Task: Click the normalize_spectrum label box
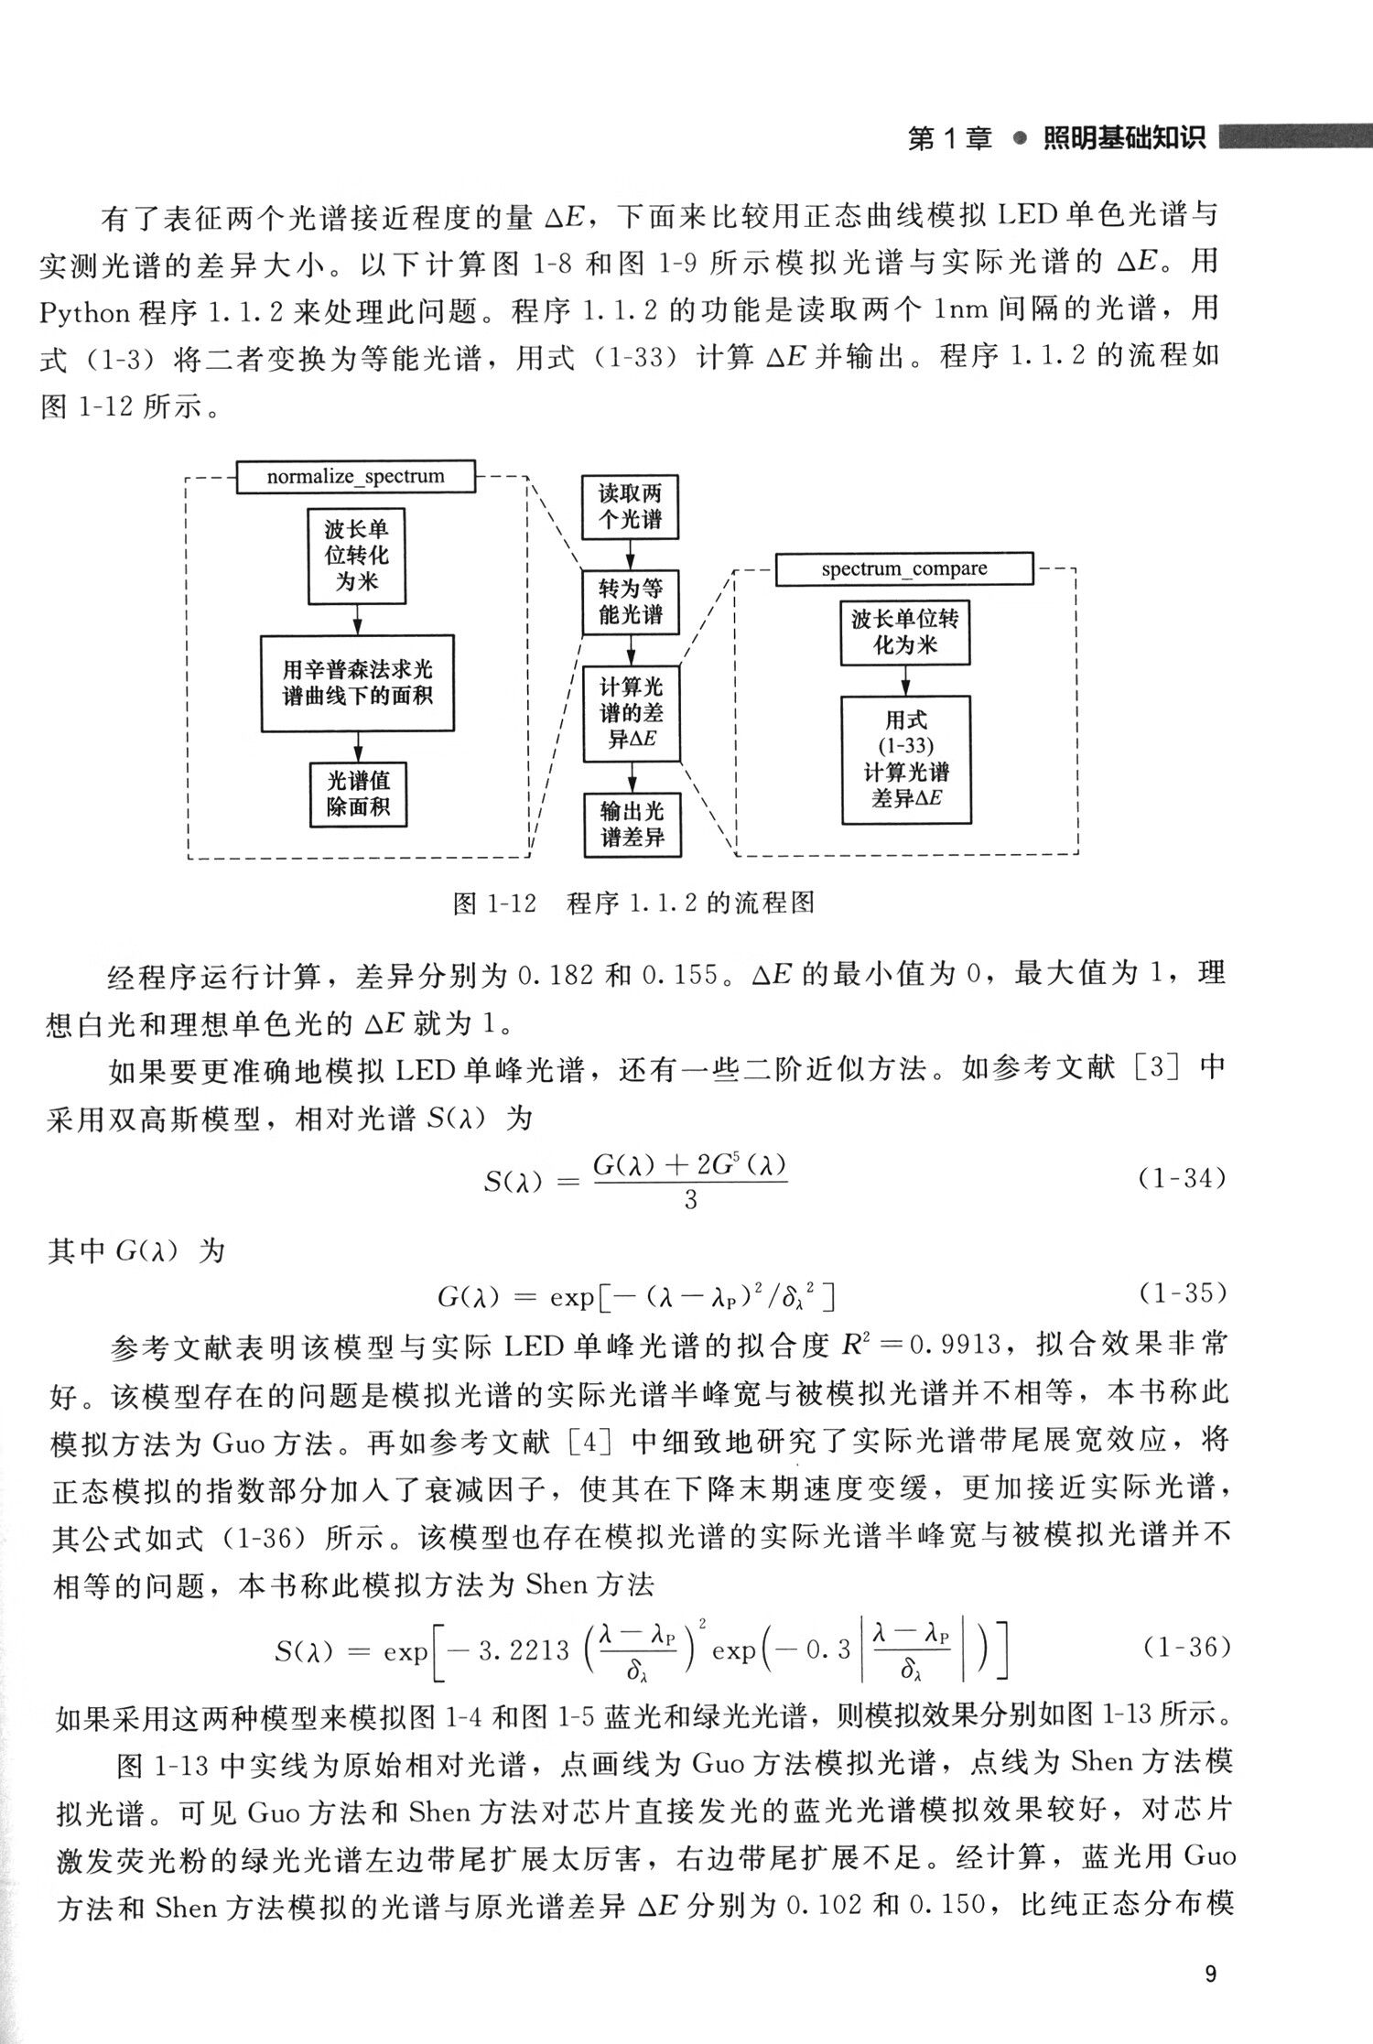pos(355,477)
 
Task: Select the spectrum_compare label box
pos(903,569)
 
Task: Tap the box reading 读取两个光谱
pos(631,507)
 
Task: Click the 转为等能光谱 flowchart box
pos(631,601)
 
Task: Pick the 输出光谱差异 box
pos(632,824)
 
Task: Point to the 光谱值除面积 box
pos(358,794)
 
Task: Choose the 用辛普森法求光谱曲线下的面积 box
pos(357,683)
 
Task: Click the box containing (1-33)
pos(905,759)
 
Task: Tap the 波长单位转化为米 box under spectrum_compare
pos(904,632)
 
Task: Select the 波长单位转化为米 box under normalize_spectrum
pos(356,556)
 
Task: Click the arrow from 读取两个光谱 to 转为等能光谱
pos(631,555)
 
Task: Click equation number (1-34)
pos(1182,1178)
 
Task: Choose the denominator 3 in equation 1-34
pos(690,1200)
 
